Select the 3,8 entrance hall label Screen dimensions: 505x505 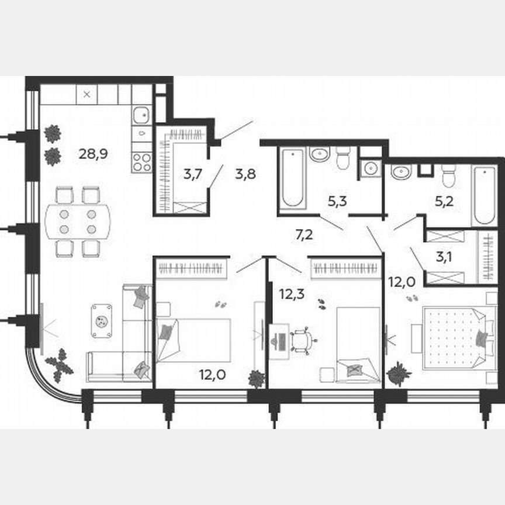point(245,174)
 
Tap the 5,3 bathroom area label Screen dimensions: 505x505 point(337,202)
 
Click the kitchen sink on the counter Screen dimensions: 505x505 point(141,115)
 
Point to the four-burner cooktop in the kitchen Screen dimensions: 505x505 point(141,161)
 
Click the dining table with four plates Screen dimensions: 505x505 point(78,222)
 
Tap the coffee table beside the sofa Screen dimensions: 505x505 point(102,320)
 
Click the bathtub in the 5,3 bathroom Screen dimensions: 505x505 point(292,178)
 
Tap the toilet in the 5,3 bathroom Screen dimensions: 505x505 point(343,157)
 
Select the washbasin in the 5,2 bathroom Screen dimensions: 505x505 point(402,172)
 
